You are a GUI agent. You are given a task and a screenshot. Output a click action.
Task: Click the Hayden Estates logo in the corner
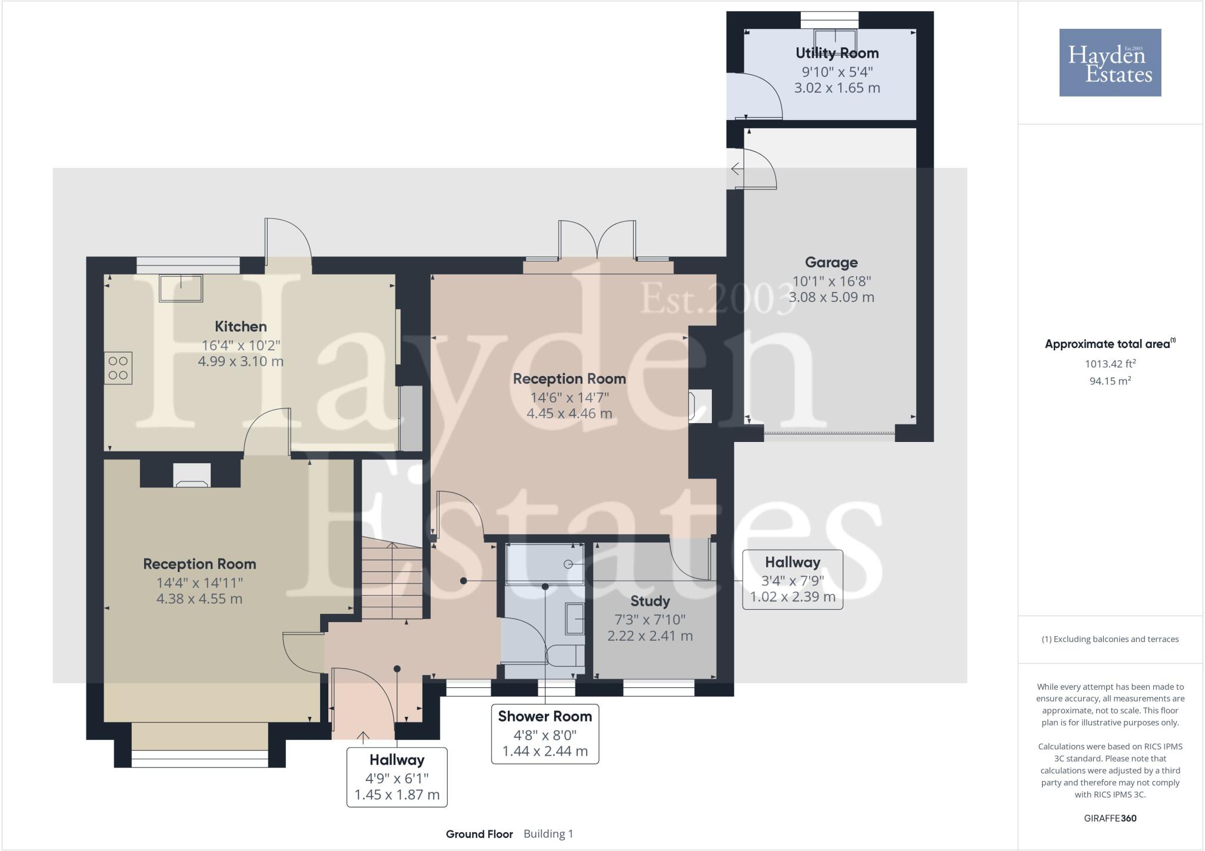coord(1110,62)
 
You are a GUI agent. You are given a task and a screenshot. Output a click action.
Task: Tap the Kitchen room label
coord(241,327)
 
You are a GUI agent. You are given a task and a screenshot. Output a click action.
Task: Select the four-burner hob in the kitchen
coord(118,368)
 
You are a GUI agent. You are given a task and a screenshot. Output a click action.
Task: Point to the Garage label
coord(831,262)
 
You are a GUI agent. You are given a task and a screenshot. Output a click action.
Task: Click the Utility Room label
coord(837,53)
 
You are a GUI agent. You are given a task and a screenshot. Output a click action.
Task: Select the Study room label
coord(650,601)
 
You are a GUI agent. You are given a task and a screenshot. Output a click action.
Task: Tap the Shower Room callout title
coord(545,716)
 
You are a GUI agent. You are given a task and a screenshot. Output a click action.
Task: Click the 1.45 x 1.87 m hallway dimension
coord(397,795)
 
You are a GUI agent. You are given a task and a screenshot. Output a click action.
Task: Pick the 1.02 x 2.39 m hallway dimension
coord(792,597)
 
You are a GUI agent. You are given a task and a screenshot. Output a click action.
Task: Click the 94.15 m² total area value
coord(1110,381)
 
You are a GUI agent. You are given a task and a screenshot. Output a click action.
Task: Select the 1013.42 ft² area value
coord(1110,364)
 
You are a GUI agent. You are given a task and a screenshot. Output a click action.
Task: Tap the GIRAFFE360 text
coord(1110,818)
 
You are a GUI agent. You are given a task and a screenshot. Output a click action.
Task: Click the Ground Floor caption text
coord(479,834)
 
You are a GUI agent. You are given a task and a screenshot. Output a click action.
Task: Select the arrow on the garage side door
coord(737,169)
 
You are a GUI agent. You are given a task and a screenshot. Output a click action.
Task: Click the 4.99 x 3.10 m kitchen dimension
coord(241,361)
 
